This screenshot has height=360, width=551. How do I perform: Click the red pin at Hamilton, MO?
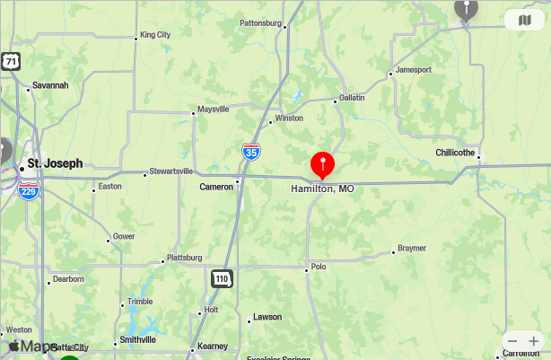tap(322, 164)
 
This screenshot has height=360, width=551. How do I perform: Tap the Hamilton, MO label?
tap(322, 189)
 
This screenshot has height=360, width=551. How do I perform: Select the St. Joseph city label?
tap(55, 163)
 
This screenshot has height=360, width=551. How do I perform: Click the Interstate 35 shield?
tap(252, 153)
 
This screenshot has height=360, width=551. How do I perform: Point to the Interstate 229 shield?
tap(30, 190)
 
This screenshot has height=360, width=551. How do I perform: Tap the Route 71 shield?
tap(10, 62)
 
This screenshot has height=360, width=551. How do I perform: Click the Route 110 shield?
tap(222, 279)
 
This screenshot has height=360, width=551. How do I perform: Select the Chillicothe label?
tap(455, 153)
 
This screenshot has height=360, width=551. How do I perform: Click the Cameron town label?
tap(216, 187)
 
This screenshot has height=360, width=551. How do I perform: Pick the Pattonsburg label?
tap(261, 22)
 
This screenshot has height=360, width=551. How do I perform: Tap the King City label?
tap(155, 35)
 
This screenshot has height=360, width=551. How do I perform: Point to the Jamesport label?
tap(413, 69)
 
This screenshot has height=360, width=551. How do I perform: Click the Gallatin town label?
tap(352, 97)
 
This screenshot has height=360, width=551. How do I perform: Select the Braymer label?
tap(412, 248)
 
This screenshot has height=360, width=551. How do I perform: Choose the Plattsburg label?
tap(185, 257)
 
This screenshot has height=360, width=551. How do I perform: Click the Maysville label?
tap(213, 110)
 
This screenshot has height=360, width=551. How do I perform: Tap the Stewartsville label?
tap(171, 171)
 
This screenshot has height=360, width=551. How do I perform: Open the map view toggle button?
tap(525, 20)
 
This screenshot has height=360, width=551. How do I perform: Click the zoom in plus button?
tap(534, 341)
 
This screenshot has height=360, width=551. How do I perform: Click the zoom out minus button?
tap(512, 341)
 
